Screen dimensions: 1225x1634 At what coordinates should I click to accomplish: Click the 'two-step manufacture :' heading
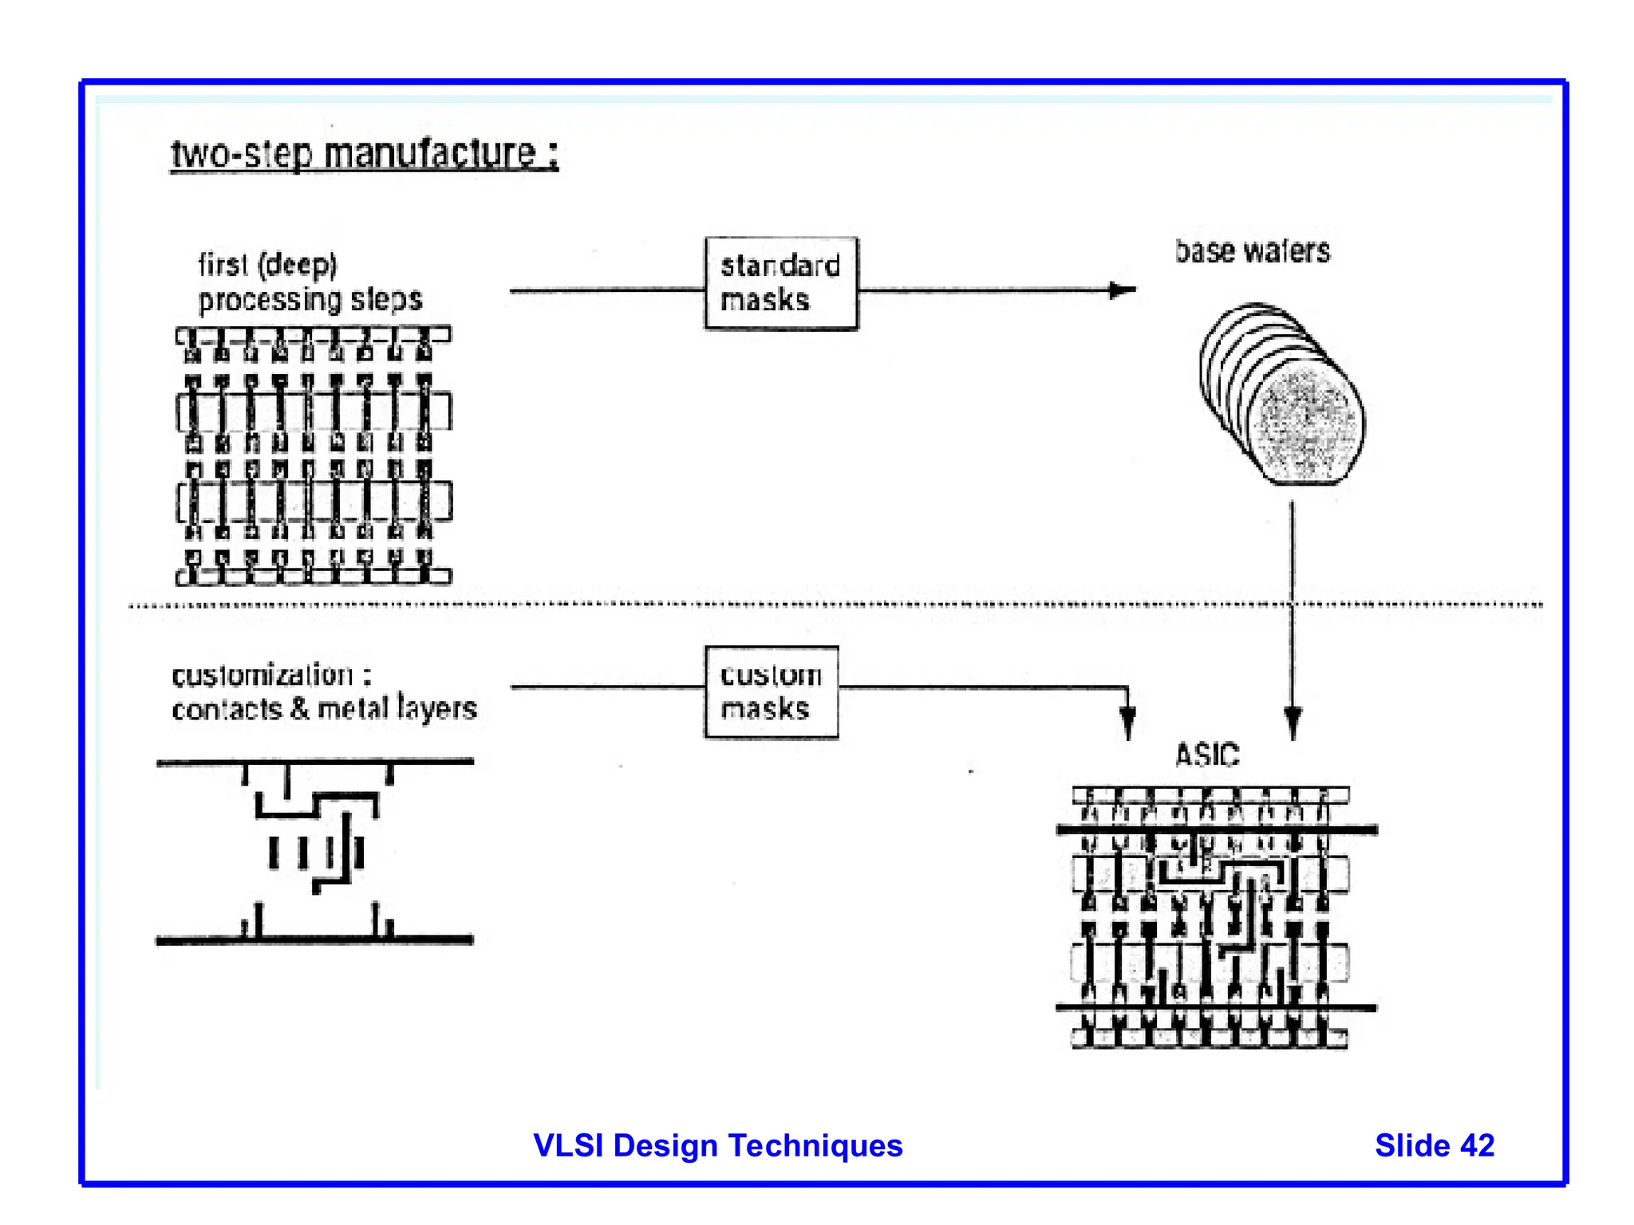[x=365, y=153]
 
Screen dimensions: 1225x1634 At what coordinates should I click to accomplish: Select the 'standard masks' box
[x=780, y=283]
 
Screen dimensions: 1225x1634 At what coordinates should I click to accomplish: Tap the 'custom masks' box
[x=771, y=691]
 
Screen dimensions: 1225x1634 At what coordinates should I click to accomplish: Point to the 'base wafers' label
[x=1252, y=251]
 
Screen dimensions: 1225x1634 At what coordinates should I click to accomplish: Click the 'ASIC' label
[x=1207, y=754]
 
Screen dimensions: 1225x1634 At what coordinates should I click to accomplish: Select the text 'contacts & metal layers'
[x=324, y=709]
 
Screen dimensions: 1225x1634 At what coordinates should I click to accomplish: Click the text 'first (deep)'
[x=267, y=264]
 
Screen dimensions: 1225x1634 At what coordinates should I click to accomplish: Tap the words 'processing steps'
[x=310, y=300]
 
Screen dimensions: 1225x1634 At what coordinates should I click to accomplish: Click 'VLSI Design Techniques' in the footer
[x=717, y=1145]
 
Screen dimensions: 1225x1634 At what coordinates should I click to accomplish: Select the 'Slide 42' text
[x=1434, y=1145]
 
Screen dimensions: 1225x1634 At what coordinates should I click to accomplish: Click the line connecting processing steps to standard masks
[x=606, y=291]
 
